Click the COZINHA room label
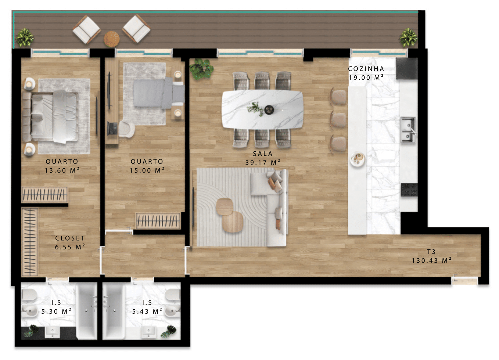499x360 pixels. pyautogui.click(x=366, y=69)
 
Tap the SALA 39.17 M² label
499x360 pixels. pyautogui.click(x=263, y=158)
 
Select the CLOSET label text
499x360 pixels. pyautogui.click(x=70, y=238)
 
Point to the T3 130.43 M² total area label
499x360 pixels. pyautogui.click(x=431, y=256)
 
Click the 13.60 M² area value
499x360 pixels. pyautogui.click(x=62, y=170)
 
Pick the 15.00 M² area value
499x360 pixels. pyautogui.click(x=147, y=170)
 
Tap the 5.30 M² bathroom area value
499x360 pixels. pyautogui.click(x=56, y=312)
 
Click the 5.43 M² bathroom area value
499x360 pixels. pyautogui.click(x=147, y=312)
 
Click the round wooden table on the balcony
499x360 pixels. pyautogui.click(x=112, y=39)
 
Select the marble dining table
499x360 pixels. pyautogui.click(x=263, y=109)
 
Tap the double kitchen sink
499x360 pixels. pyautogui.click(x=408, y=130)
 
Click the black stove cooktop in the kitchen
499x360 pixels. pyautogui.click(x=409, y=190)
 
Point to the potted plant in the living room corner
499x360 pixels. pyautogui.click(x=201, y=69)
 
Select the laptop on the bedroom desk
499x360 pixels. pyautogui.click(x=112, y=129)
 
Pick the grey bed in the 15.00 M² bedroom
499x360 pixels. pyautogui.click(x=159, y=93)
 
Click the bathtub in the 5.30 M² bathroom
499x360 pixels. pyautogui.click(x=87, y=312)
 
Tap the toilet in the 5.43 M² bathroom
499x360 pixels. pyautogui.click(x=173, y=295)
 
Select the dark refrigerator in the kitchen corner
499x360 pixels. pyautogui.click(x=407, y=68)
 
